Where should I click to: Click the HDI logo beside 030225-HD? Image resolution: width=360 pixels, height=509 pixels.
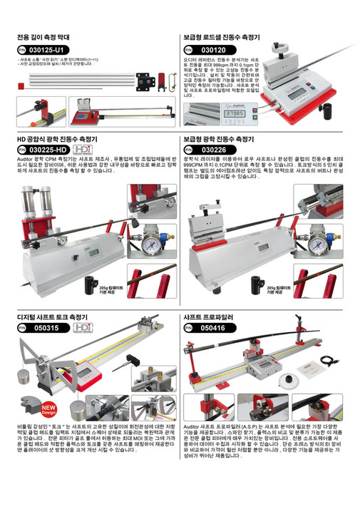[x=84, y=150]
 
